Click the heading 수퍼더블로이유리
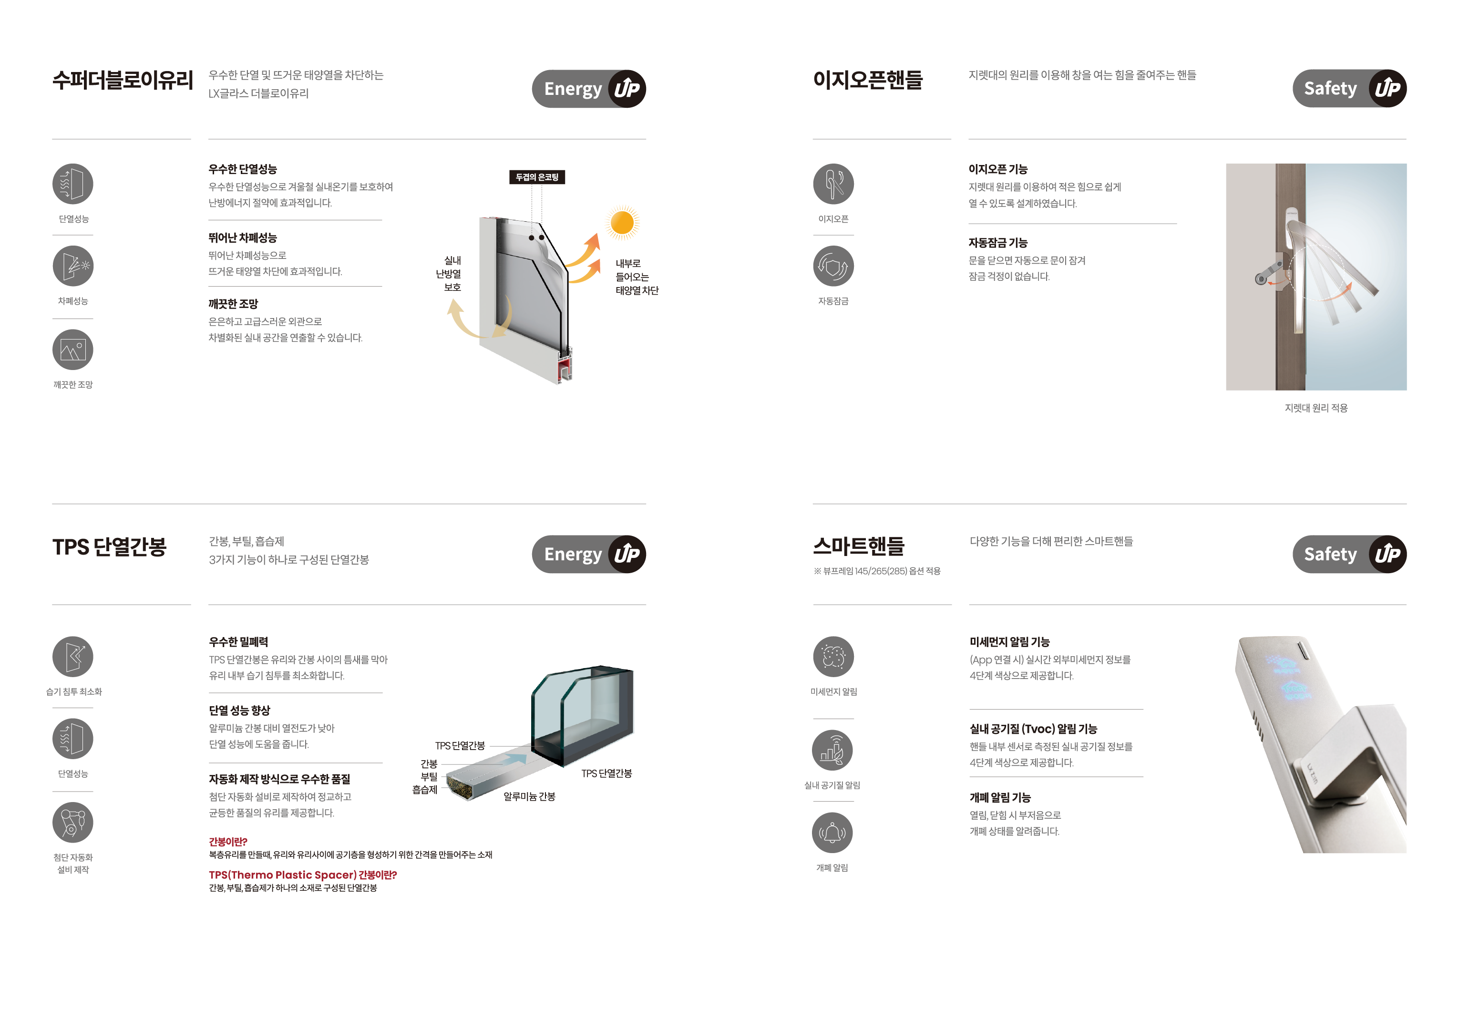point(123,81)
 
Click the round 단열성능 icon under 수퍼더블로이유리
point(73,184)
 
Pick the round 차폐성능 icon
point(73,266)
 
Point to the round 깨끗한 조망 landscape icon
point(73,350)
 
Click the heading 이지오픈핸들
point(867,81)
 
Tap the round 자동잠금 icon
point(833,266)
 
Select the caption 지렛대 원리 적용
point(1316,408)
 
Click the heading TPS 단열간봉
point(109,547)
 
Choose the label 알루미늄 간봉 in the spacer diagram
point(529,797)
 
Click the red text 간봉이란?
point(228,842)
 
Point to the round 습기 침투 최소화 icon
point(73,656)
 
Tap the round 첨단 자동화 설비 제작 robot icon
point(73,822)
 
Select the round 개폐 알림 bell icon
point(832,833)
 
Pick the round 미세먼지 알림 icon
point(833,656)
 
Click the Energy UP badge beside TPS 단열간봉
point(589,554)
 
